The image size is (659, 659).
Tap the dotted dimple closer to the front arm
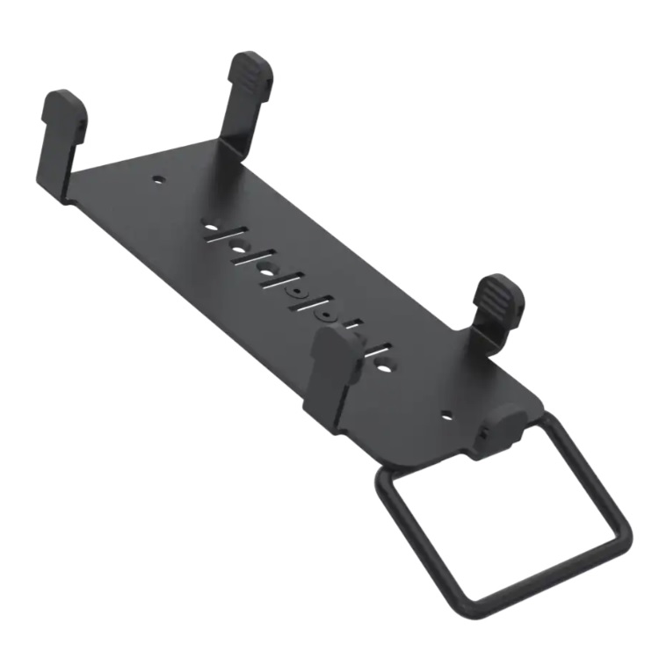[328, 314]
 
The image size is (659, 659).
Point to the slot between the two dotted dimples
[313, 304]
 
